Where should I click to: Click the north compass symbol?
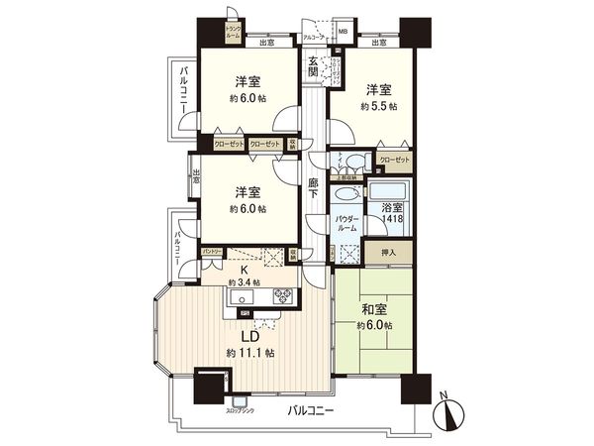point(446,408)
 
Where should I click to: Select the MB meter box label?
point(343,32)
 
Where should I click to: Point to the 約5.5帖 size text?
point(377,105)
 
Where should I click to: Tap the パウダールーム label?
point(346,223)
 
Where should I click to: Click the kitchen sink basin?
point(244,295)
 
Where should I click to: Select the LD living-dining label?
point(243,335)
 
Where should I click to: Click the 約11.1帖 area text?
point(249,353)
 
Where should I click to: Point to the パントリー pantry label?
point(212,254)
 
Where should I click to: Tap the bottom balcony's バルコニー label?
point(310,409)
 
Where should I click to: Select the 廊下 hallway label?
point(313,188)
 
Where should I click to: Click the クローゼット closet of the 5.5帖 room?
point(394,160)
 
